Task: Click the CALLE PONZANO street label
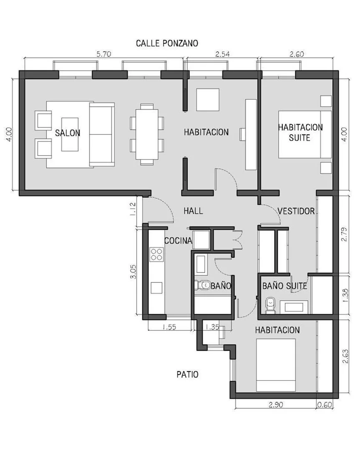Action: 167,43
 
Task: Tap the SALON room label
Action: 68,133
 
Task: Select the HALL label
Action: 193,211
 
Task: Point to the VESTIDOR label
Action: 296,211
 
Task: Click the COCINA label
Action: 178,241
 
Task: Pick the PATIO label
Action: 187,374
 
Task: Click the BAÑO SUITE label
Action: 284,286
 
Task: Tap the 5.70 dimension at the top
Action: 103,54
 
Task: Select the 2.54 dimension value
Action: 222,54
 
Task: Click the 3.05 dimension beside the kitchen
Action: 133,272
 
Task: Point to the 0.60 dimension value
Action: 325,405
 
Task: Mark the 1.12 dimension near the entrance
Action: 132,209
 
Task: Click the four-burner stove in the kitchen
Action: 156,254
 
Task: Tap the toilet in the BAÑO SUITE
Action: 270,305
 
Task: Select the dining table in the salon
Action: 147,134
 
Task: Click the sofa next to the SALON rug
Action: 102,135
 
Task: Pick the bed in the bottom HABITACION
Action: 276,365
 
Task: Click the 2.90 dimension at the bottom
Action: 276,405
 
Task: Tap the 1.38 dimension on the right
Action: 345,296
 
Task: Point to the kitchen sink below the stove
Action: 156,288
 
